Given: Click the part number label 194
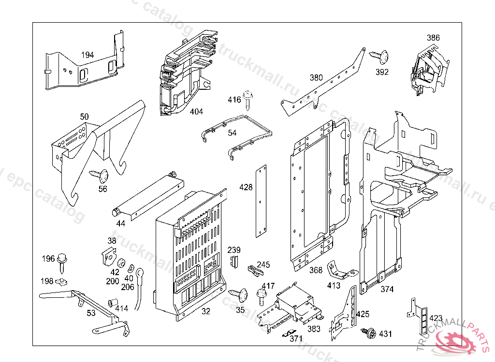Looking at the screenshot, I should click(87, 55).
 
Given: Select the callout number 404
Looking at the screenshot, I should click(196, 111).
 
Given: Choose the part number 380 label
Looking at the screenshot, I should click(316, 78).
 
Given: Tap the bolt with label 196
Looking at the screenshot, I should click(62, 259).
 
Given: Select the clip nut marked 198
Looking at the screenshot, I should click(61, 281).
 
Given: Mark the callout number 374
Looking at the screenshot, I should click(387, 289).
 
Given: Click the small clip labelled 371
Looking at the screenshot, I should click(289, 333).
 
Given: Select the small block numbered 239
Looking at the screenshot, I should click(234, 262).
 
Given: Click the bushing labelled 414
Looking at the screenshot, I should click(113, 304).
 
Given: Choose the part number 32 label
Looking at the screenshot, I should click(206, 311).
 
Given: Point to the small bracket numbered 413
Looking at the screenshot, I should click(340, 271).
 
